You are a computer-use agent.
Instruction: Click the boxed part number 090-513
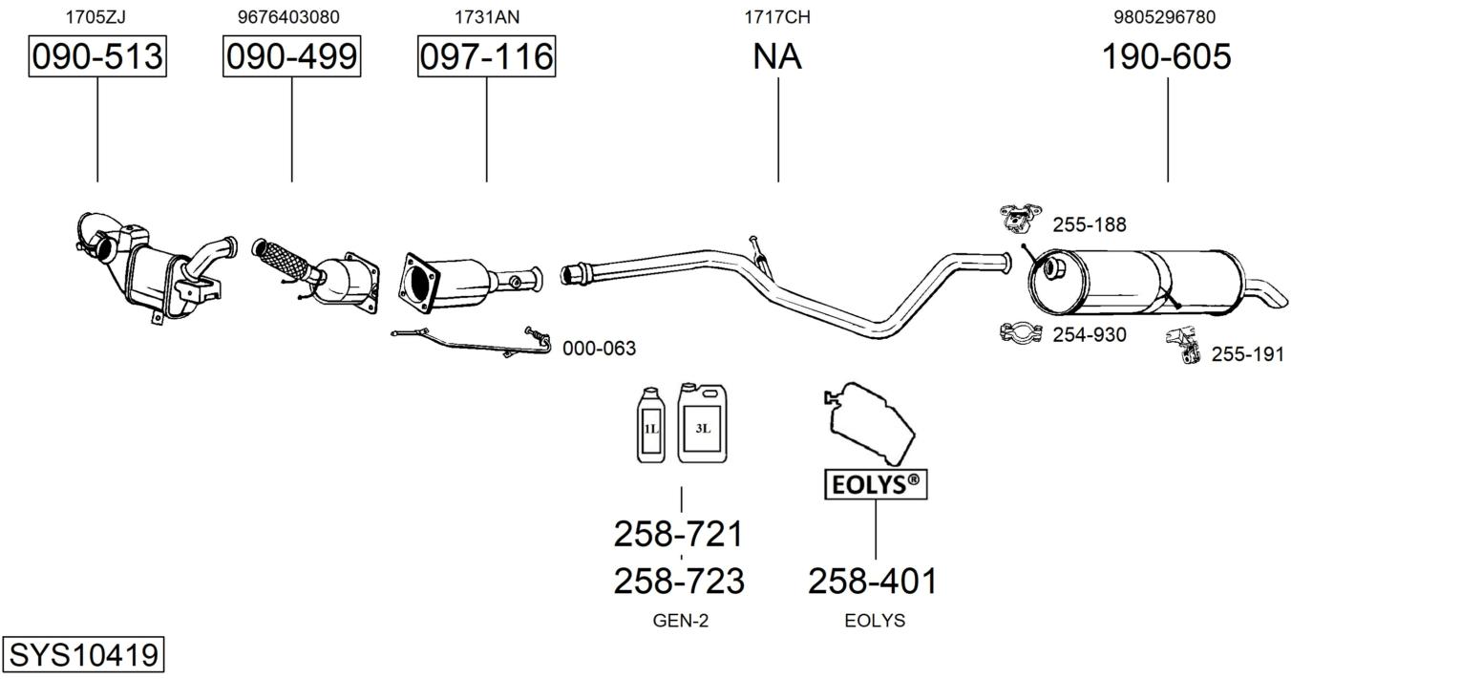coord(97,56)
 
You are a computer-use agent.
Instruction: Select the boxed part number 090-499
coord(291,56)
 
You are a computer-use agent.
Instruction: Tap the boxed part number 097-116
coord(487,56)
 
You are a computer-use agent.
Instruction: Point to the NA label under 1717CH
coord(776,56)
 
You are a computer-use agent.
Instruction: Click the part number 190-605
coord(1166,56)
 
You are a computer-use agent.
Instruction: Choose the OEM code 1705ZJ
coord(95,17)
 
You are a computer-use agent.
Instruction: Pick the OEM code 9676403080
coord(288,17)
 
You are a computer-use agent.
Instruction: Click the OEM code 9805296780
coord(1164,17)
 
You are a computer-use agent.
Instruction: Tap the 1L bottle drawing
coord(651,425)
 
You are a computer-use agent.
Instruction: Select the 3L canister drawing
coord(702,423)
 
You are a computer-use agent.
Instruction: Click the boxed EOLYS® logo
coord(876,484)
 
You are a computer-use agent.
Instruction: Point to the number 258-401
coord(873,581)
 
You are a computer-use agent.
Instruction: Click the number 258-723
coord(679,581)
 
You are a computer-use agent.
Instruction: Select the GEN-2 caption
coord(680,621)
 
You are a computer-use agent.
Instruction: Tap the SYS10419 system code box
coord(83,654)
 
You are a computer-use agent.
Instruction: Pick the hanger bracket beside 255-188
coord(1020,217)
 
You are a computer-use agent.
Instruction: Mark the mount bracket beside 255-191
coord(1185,345)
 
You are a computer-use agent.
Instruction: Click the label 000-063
coord(599,349)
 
